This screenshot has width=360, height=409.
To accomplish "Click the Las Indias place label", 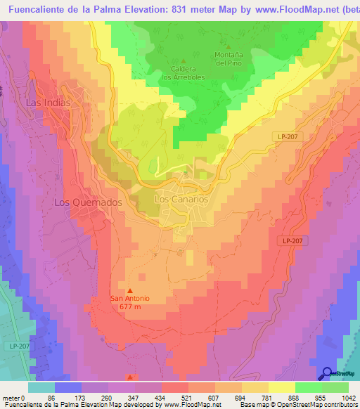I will point(48,103).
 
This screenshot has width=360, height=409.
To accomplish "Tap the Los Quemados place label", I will point(89,202).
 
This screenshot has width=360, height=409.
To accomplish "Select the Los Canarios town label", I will point(181,200).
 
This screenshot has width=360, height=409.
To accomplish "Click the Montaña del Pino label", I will point(229,58).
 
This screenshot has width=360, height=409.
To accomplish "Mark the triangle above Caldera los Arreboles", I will point(184,60).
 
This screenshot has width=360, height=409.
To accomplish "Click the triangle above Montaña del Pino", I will point(228,46).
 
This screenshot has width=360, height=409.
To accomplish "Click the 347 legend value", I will point(135,397).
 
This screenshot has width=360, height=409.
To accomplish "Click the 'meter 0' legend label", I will point(13,397).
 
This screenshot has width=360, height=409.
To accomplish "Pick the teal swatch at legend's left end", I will point(41,387).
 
